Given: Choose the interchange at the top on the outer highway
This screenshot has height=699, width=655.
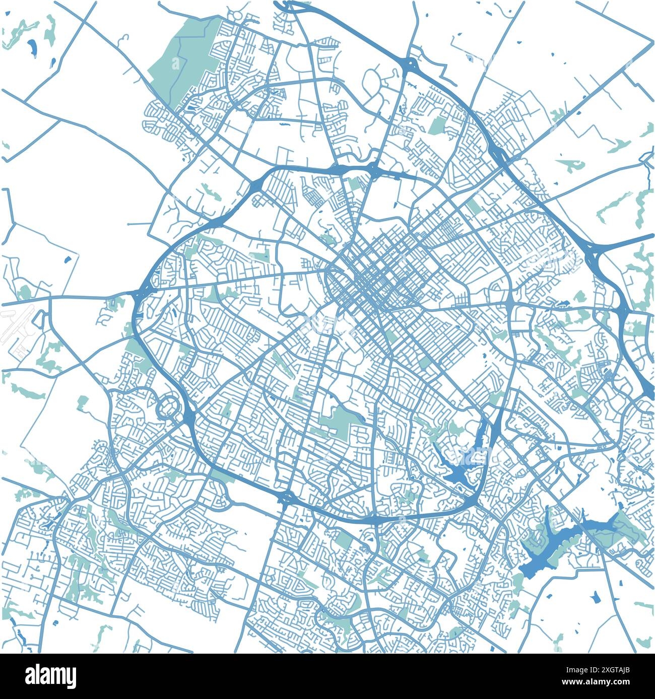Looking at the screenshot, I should click(409, 64).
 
